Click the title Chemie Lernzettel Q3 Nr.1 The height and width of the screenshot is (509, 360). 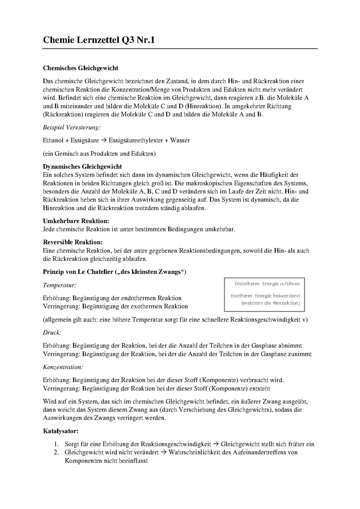click(x=99, y=40)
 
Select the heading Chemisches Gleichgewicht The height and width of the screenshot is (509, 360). click(x=80, y=68)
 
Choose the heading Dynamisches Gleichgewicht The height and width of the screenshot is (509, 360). click(x=82, y=166)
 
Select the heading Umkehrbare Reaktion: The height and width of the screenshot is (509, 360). click(x=76, y=221)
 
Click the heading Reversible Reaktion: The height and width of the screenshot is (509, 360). click(x=73, y=242)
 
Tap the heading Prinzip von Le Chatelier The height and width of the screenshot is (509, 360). click(x=114, y=272)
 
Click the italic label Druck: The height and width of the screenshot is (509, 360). click(x=52, y=333)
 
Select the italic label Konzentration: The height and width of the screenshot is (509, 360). click(x=63, y=367)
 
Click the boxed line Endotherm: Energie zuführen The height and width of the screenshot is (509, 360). click(x=267, y=284)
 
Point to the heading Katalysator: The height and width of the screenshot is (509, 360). click(x=61, y=431)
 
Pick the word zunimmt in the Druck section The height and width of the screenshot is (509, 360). click(x=300, y=354)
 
